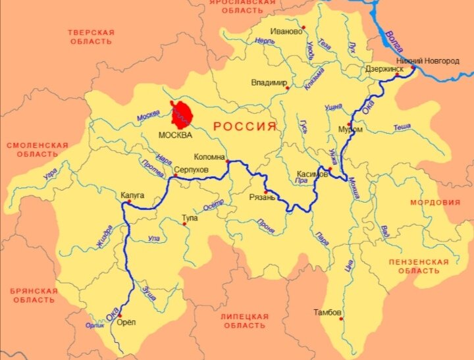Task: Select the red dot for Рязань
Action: tap(265, 191)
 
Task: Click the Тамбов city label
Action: tap(327, 312)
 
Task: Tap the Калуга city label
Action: tap(132, 195)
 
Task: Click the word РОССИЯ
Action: tap(244, 126)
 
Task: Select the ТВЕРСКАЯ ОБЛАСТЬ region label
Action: tap(92, 37)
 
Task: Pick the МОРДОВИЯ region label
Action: tap(435, 203)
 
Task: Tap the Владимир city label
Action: tap(269, 83)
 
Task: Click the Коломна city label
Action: tap(209, 157)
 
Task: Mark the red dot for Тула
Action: tap(184, 224)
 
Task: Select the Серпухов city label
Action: tap(190, 170)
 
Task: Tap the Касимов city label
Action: tap(312, 174)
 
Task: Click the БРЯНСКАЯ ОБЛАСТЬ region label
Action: tap(34, 295)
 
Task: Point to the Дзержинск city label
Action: tap(384, 68)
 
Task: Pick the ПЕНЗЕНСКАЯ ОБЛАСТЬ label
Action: tap(419, 266)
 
